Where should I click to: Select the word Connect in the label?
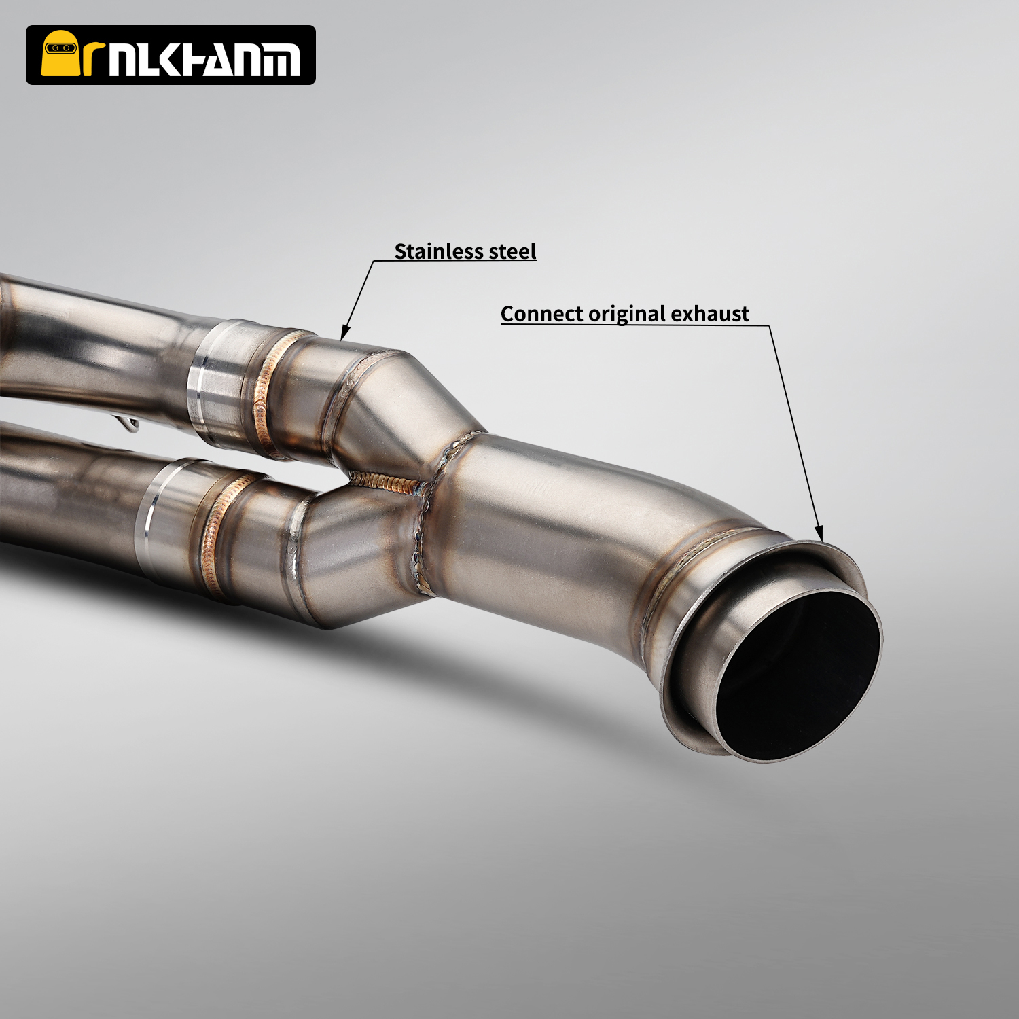pyautogui.click(x=541, y=314)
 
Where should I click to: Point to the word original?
pyautogui.click(x=627, y=314)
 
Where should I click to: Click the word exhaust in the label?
pyautogui.click(x=710, y=314)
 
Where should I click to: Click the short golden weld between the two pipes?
pyautogui.click(x=384, y=482)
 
